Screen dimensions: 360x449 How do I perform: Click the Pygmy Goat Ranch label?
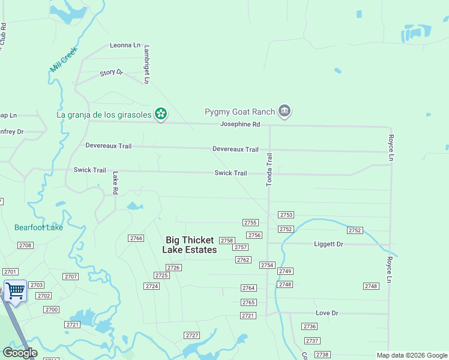[240, 112]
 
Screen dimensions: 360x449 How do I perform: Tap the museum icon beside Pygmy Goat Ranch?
[285, 111]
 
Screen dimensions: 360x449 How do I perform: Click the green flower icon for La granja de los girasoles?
[160, 113]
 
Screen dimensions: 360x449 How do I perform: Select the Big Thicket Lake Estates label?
[190, 245]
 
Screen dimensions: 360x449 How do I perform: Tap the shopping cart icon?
[15, 291]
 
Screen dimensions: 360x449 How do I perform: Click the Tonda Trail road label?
[270, 169]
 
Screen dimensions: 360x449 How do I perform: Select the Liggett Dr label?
[328, 244]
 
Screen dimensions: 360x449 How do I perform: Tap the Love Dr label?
[327, 313]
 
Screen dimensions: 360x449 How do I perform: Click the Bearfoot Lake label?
[38, 227]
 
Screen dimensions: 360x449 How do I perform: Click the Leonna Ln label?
[125, 45]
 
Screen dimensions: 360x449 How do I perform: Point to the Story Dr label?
[111, 73]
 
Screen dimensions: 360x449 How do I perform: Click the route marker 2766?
[136, 238]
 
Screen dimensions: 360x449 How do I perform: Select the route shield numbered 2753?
[286, 215]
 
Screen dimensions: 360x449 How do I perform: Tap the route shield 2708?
[25, 245]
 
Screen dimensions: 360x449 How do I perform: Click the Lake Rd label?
[115, 183]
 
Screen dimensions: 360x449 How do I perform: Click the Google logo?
[20, 353]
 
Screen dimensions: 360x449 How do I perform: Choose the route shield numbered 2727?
[192, 335]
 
